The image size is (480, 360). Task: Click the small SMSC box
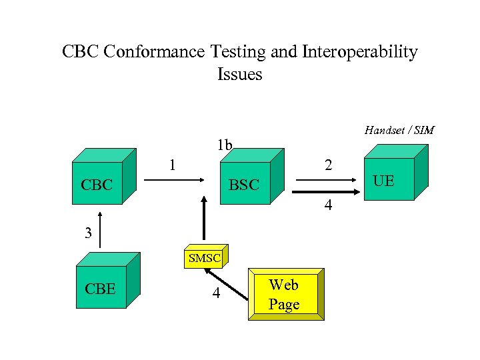(x=204, y=257)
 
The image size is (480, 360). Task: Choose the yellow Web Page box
(x=284, y=295)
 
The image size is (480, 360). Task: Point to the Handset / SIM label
(x=399, y=130)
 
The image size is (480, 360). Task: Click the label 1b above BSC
(x=224, y=145)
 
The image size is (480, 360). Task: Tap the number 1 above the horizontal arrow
(x=172, y=163)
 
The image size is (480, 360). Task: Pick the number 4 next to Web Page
(x=215, y=293)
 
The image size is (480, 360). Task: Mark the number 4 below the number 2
(x=327, y=206)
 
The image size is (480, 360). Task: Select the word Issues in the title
(x=239, y=74)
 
